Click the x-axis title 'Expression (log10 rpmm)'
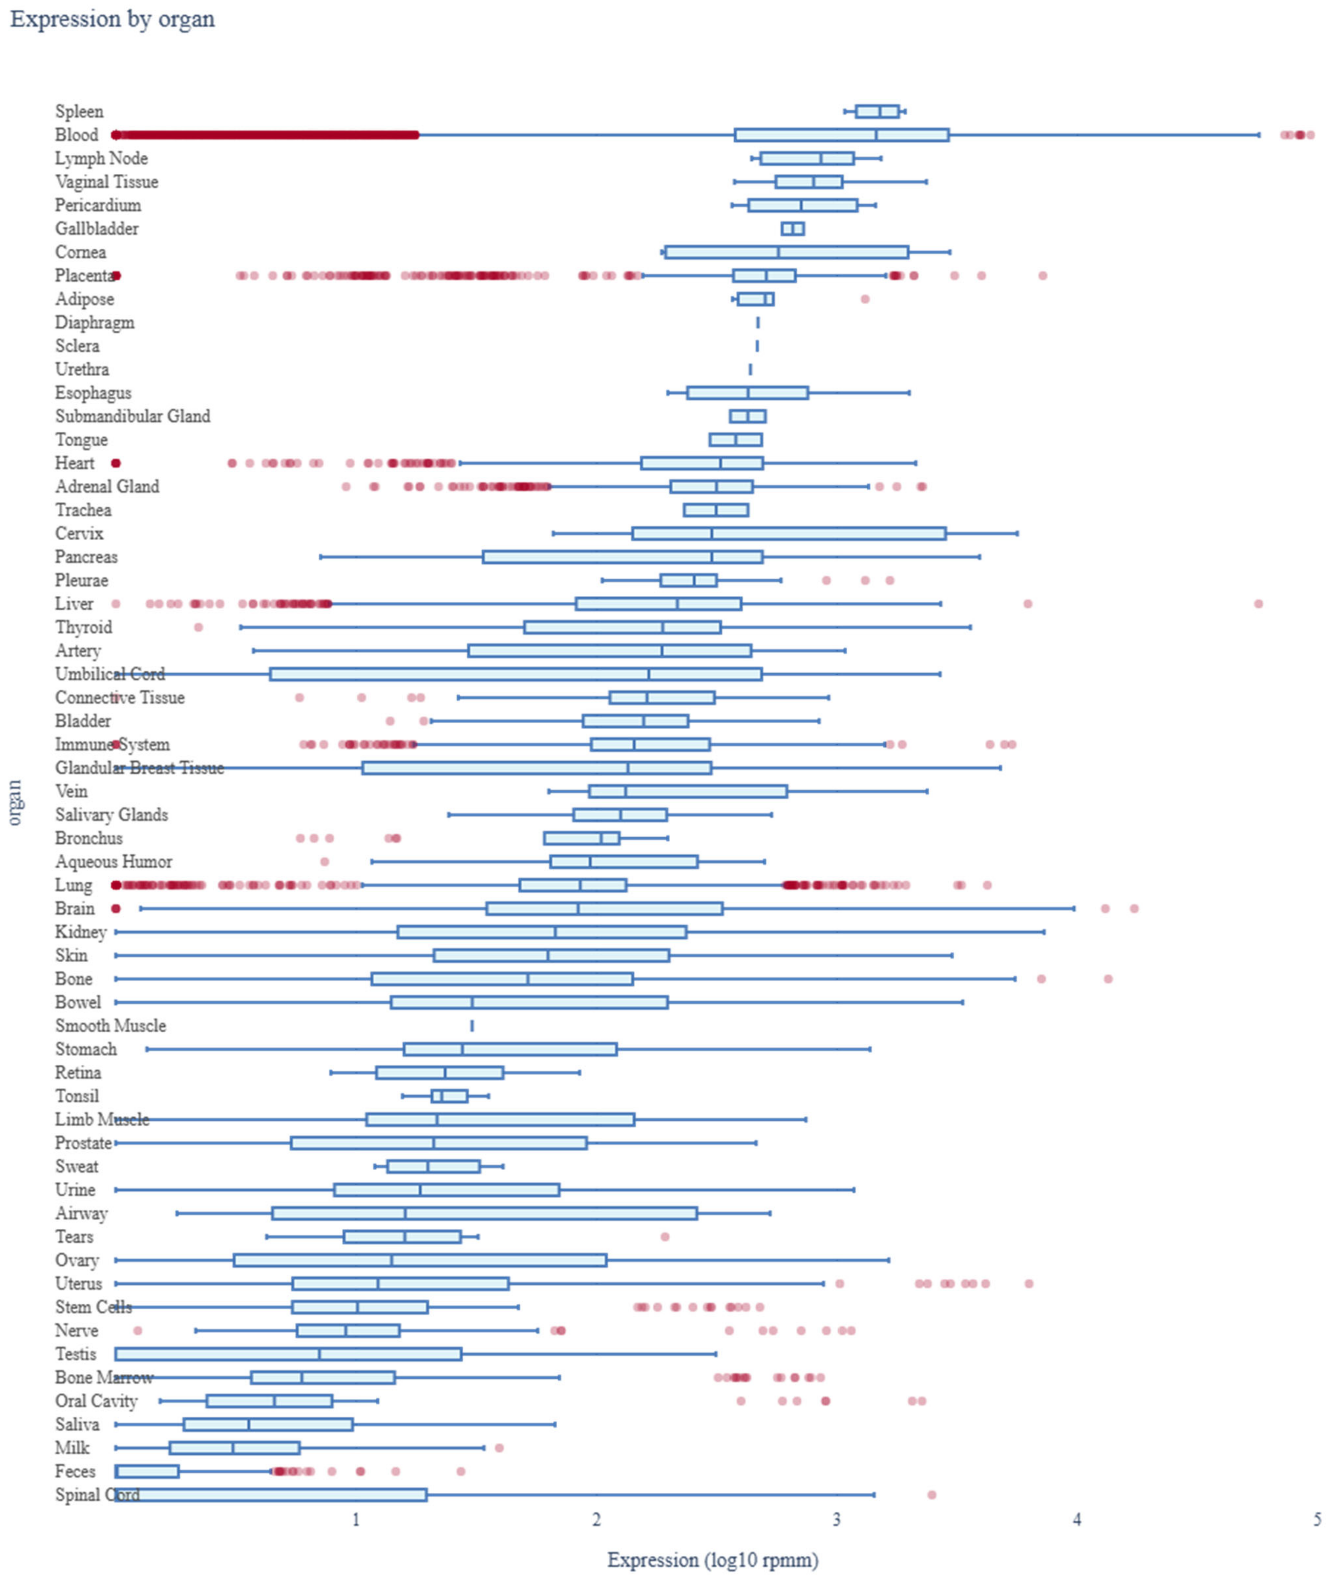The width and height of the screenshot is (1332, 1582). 712,1559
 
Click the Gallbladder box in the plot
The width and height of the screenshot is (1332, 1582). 792,229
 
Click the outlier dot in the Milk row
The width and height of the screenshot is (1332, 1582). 498,1448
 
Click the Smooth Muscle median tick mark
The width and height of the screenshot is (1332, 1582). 472,1025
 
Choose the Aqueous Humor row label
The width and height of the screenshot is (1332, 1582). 113,861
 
